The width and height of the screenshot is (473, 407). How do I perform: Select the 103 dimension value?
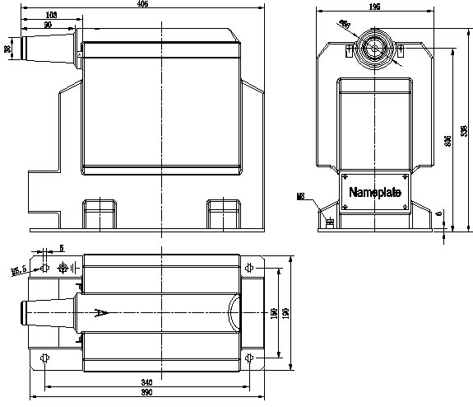tap(51, 16)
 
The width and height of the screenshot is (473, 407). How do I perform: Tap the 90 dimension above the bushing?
tap(48, 25)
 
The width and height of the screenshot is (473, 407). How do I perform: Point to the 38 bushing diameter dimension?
tap(8, 49)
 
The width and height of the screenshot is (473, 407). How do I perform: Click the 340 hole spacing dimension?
tap(146, 383)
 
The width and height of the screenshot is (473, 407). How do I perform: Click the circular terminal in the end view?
tap(374, 47)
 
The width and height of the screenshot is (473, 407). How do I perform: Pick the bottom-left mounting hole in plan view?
tap(45, 358)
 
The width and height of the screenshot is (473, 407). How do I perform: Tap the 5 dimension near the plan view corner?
tap(61, 249)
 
